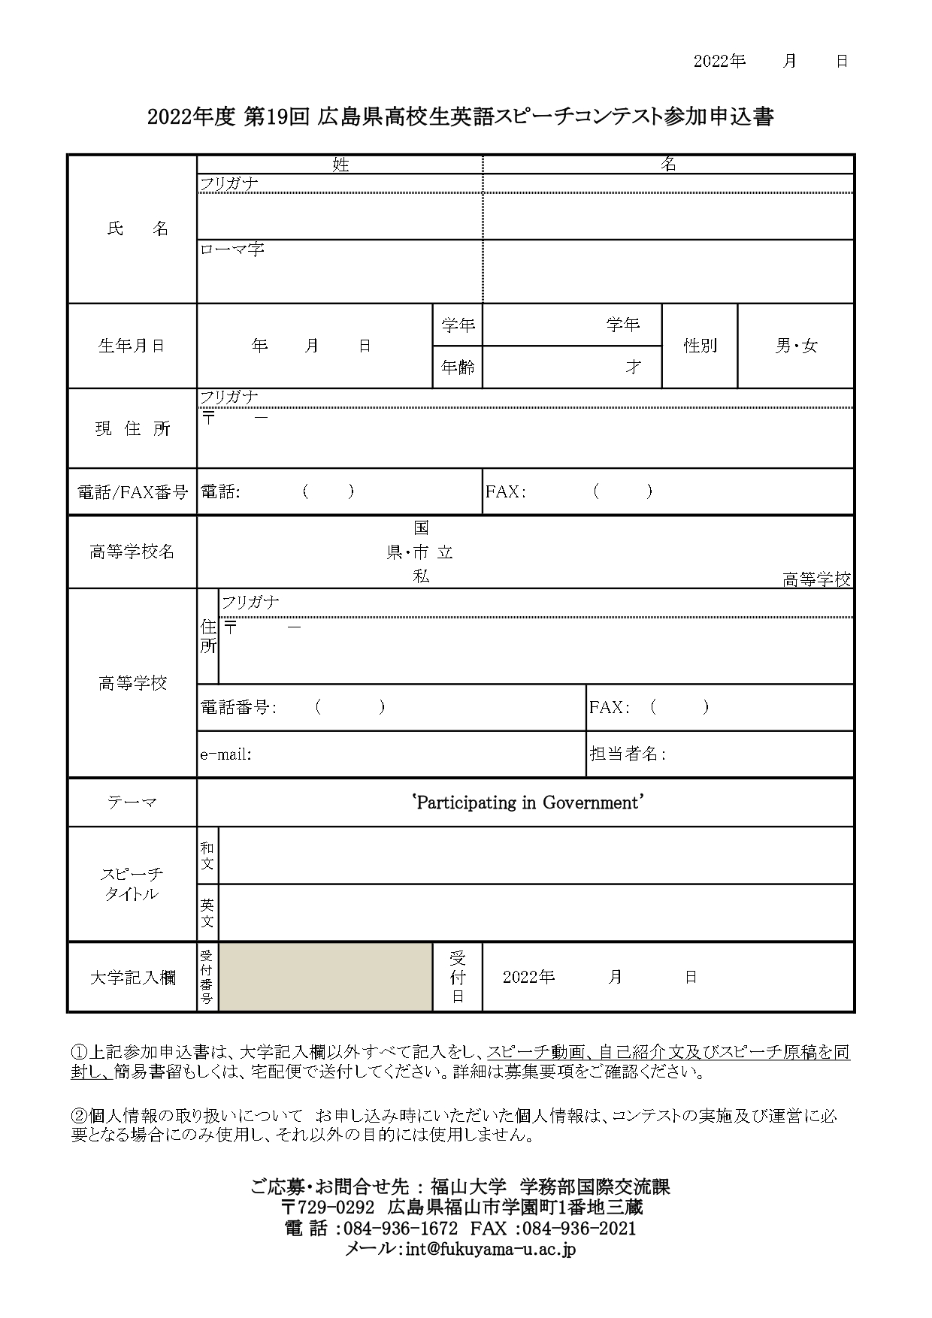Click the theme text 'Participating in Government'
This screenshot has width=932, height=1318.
click(x=528, y=803)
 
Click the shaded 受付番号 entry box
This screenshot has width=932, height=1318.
click(x=325, y=977)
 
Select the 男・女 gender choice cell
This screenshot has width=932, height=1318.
click(x=796, y=346)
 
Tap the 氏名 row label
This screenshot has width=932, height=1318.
click(x=138, y=229)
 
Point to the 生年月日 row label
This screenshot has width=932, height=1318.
click(x=132, y=346)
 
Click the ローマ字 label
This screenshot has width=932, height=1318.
click(x=231, y=249)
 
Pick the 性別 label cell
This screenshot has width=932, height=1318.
click(x=700, y=346)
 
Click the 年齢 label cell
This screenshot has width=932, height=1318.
click(x=458, y=367)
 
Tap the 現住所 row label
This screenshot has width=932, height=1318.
click(x=132, y=428)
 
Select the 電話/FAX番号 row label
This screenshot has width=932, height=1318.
click(x=132, y=492)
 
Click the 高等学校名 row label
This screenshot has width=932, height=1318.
click(x=132, y=552)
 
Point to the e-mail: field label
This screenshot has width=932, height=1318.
click(x=225, y=754)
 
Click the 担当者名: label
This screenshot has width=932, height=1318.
click(x=628, y=754)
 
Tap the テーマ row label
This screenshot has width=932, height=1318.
click(x=132, y=803)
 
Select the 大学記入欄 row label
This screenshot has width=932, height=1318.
click(x=132, y=978)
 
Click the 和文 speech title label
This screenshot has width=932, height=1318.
click(x=207, y=856)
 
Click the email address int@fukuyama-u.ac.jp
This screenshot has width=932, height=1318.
click(x=490, y=1249)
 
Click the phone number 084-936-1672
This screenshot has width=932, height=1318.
click(x=400, y=1229)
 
